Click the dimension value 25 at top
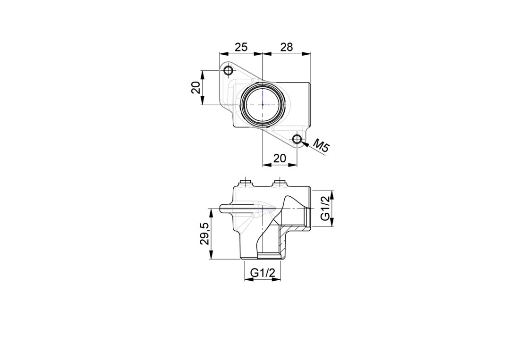point(241,47)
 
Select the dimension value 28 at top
point(287,47)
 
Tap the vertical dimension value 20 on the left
point(196,88)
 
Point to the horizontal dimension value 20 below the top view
point(280,158)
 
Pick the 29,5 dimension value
point(204,234)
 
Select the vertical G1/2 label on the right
point(325,208)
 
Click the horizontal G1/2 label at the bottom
point(263,274)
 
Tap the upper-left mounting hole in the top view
point(229,70)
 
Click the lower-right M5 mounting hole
point(297,139)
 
